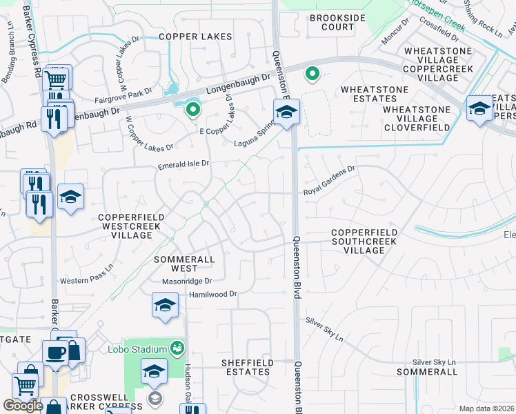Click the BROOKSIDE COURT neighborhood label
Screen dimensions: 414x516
(x=332, y=22)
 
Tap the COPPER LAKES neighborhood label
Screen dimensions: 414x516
(x=195, y=36)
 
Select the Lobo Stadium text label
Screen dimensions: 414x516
(x=137, y=348)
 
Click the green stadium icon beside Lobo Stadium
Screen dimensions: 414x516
(x=178, y=347)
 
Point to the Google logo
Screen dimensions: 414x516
(x=23, y=406)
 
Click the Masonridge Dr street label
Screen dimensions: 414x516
(x=186, y=281)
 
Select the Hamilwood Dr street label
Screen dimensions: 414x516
(x=212, y=294)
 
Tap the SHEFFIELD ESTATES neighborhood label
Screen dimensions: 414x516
(x=246, y=367)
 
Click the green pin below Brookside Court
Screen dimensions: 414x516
(x=312, y=72)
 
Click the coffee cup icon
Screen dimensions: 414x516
(x=55, y=353)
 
